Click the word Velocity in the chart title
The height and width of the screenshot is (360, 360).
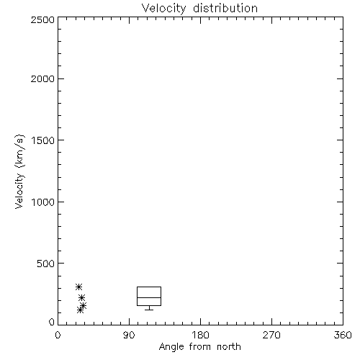pos(164,9)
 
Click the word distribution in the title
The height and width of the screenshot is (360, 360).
pos(225,8)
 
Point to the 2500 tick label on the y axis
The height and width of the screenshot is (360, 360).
pos(42,19)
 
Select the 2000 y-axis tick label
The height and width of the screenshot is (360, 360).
pos(42,79)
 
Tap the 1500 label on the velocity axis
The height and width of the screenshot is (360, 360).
pos(43,140)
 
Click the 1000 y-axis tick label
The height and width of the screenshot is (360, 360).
pos(43,202)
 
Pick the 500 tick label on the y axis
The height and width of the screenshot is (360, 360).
pos(46,264)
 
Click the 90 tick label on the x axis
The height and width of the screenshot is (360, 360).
pos(129,335)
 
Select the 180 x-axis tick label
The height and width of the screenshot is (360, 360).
pos(200,335)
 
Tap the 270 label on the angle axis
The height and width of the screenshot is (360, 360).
pos(271,335)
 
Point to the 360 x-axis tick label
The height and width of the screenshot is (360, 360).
pos(343,335)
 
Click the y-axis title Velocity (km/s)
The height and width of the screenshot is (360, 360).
pos(19,171)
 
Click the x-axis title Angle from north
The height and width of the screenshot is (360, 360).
pos(200,347)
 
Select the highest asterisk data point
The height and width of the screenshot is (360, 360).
pos(78,287)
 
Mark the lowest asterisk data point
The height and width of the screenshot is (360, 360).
pos(80,310)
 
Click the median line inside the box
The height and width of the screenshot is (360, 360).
pos(149,297)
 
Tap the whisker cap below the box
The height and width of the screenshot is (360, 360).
pos(149,310)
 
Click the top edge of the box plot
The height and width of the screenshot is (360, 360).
pos(149,287)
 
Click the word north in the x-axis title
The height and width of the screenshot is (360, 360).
pos(229,346)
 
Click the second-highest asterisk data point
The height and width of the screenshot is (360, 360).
pos(82,298)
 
